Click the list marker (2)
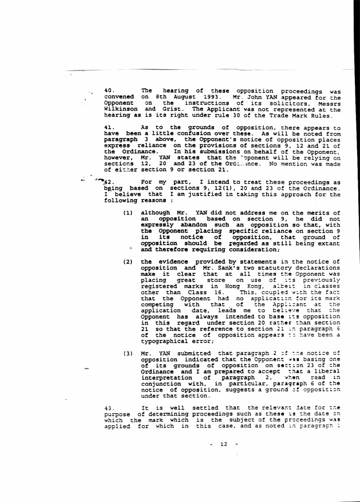(x=129, y=261)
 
